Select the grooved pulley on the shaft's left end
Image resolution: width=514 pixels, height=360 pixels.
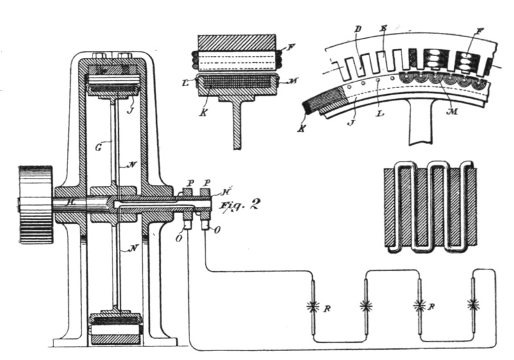click(x=36, y=204)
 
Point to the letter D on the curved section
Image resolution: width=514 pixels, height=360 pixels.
click(x=358, y=31)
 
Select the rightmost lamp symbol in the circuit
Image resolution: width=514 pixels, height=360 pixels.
click(x=474, y=303)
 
